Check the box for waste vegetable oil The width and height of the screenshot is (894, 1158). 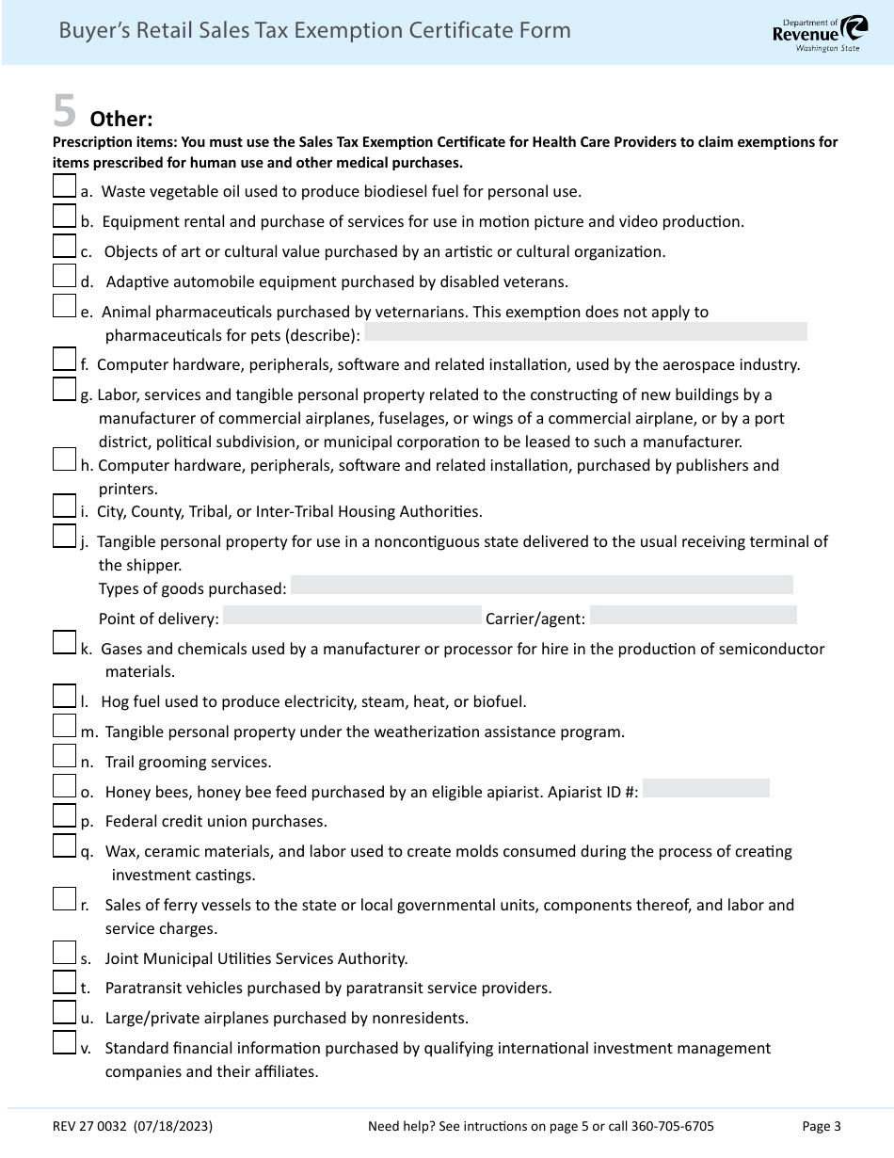coord(64,185)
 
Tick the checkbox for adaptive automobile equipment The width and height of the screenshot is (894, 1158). coord(64,275)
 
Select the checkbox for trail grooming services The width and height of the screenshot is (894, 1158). coord(64,755)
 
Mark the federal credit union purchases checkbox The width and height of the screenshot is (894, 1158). coord(64,815)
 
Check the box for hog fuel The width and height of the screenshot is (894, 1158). coord(64,696)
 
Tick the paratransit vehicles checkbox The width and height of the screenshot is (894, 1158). coord(64,982)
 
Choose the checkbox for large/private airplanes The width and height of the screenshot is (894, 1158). coord(64,1012)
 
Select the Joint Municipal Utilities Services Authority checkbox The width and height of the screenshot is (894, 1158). coord(64,953)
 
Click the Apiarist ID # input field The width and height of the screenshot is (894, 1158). coord(706,789)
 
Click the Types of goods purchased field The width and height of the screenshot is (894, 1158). coord(541,586)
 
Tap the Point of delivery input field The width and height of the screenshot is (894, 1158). coord(352,616)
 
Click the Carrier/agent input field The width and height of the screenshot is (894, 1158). coord(693,616)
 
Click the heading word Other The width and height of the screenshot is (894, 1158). coord(120,120)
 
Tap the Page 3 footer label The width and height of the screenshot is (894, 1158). coord(822,1126)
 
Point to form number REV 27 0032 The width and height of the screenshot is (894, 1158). coord(91,1126)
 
